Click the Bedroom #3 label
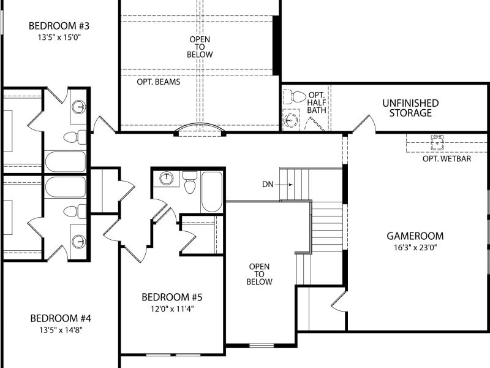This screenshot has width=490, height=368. pyautogui.click(x=59, y=26)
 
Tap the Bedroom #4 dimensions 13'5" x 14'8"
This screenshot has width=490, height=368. pyautogui.click(x=61, y=330)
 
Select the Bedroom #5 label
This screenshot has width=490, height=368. pyautogui.click(x=172, y=297)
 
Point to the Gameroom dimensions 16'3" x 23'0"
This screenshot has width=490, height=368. pyautogui.click(x=415, y=248)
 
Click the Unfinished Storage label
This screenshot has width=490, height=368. pyautogui.click(x=410, y=108)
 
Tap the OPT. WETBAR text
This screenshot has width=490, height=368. pyautogui.click(x=447, y=159)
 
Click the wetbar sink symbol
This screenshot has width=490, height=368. pyautogui.click(x=437, y=143)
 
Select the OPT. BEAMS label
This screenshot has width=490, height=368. pyautogui.click(x=159, y=82)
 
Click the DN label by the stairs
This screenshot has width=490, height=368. pyautogui.click(x=268, y=185)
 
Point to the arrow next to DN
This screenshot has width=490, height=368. pyautogui.click(x=284, y=185)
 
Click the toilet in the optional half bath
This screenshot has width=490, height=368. pyautogui.click(x=295, y=97)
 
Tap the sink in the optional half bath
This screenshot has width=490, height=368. pyautogui.click(x=290, y=120)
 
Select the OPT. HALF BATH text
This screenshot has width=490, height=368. pyautogui.click(x=317, y=102)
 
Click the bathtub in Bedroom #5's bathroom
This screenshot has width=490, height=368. pyautogui.click(x=212, y=191)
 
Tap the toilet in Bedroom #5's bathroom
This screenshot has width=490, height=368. pyautogui.click(x=190, y=182)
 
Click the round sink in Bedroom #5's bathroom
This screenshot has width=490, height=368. pyautogui.click(x=167, y=178)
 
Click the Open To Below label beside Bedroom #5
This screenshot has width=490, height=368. pyautogui.click(x=259, y=274)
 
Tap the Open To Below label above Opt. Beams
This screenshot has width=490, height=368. pyautogui.click(x=200, y=47)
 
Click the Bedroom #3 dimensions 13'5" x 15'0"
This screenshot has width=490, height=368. pyautogui.click(x=59, y=37)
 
